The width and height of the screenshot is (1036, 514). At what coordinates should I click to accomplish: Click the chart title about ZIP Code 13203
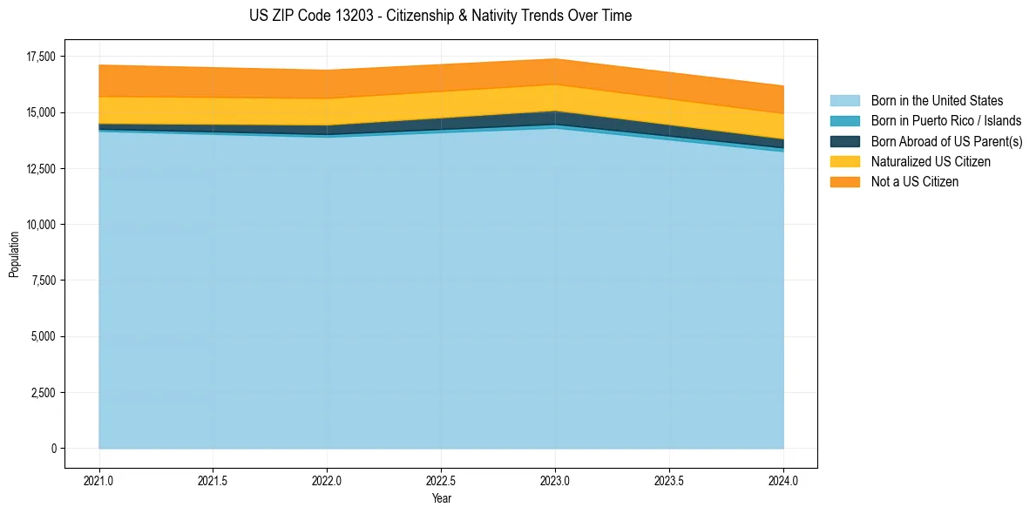441,16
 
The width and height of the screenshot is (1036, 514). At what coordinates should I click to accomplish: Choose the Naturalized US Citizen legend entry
931,162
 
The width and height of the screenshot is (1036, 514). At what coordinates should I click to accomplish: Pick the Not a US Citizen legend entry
914,182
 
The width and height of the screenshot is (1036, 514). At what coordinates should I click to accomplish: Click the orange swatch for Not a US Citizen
844,182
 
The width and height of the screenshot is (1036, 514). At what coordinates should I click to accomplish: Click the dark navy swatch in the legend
844,141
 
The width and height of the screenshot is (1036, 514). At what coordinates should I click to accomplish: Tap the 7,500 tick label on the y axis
42,281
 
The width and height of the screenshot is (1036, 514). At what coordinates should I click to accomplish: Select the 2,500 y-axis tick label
42,393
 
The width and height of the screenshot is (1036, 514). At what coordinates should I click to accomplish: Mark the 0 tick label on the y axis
52,449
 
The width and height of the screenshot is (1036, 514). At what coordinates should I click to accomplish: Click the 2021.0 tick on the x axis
99,480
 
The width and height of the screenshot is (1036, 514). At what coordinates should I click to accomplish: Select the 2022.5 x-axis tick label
441,480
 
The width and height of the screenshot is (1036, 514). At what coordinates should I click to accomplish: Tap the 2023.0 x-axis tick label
555,480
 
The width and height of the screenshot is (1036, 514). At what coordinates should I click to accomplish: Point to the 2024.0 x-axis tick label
783,480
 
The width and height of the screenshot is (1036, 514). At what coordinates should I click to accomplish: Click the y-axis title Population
14,254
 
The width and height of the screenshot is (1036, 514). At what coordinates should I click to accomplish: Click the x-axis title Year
441,499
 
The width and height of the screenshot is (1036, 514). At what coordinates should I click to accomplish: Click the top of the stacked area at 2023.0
555,59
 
